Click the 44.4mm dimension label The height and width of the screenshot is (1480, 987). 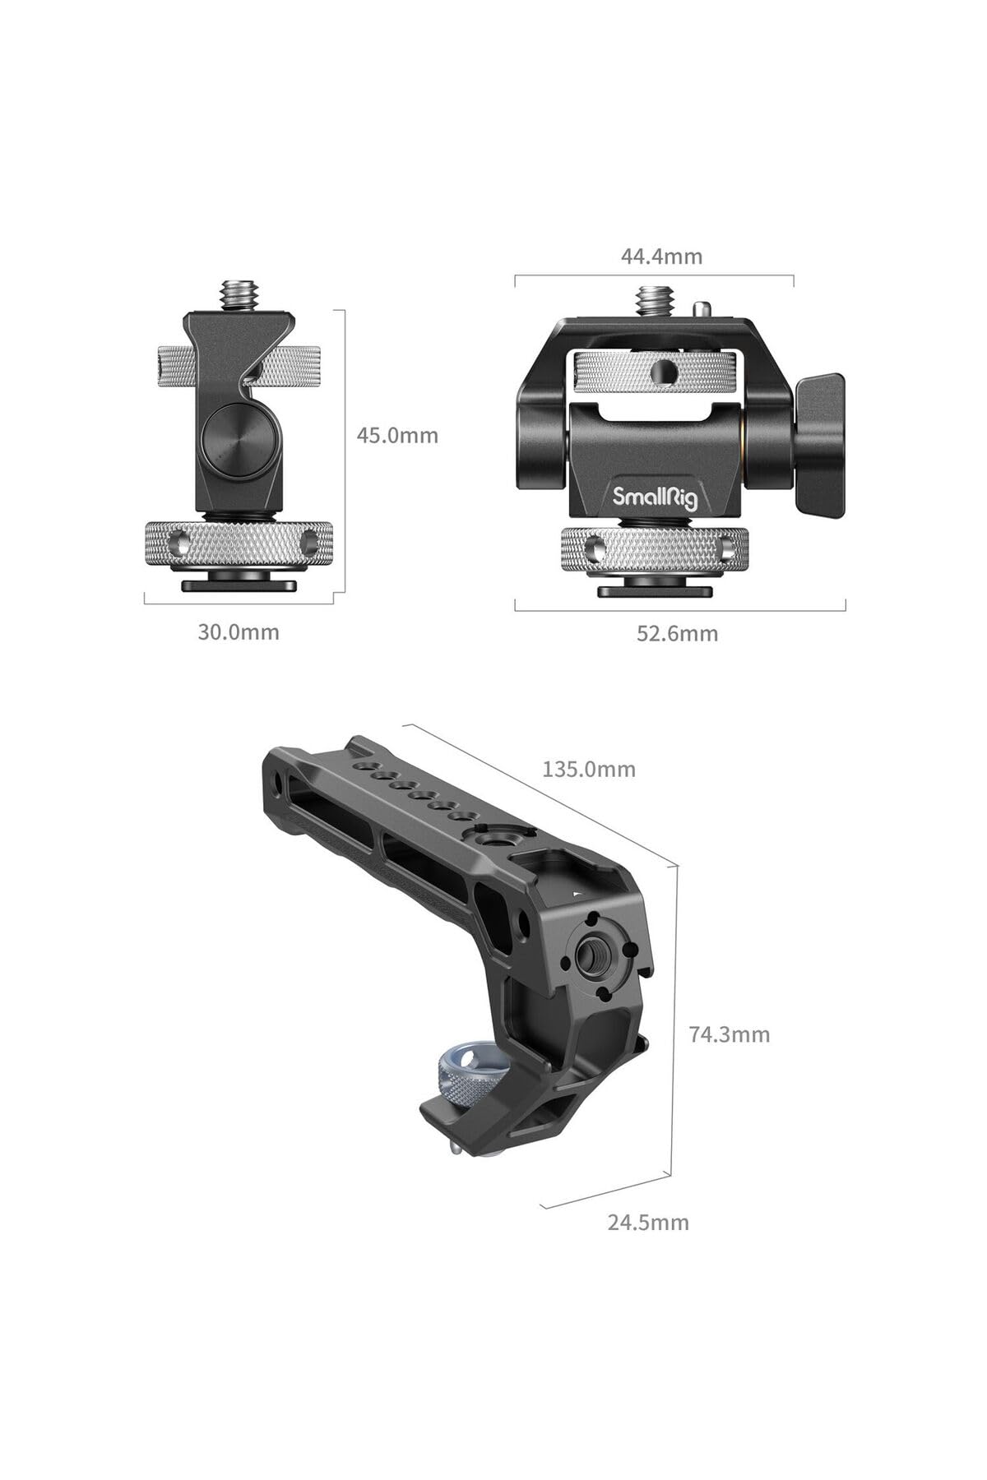pos(661,257)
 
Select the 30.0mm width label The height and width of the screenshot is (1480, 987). pos(239,631)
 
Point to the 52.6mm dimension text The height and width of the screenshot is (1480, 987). pos(677,633)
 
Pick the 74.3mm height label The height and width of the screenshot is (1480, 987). pos(730,1034)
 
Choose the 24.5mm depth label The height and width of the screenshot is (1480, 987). pos(648,1222)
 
